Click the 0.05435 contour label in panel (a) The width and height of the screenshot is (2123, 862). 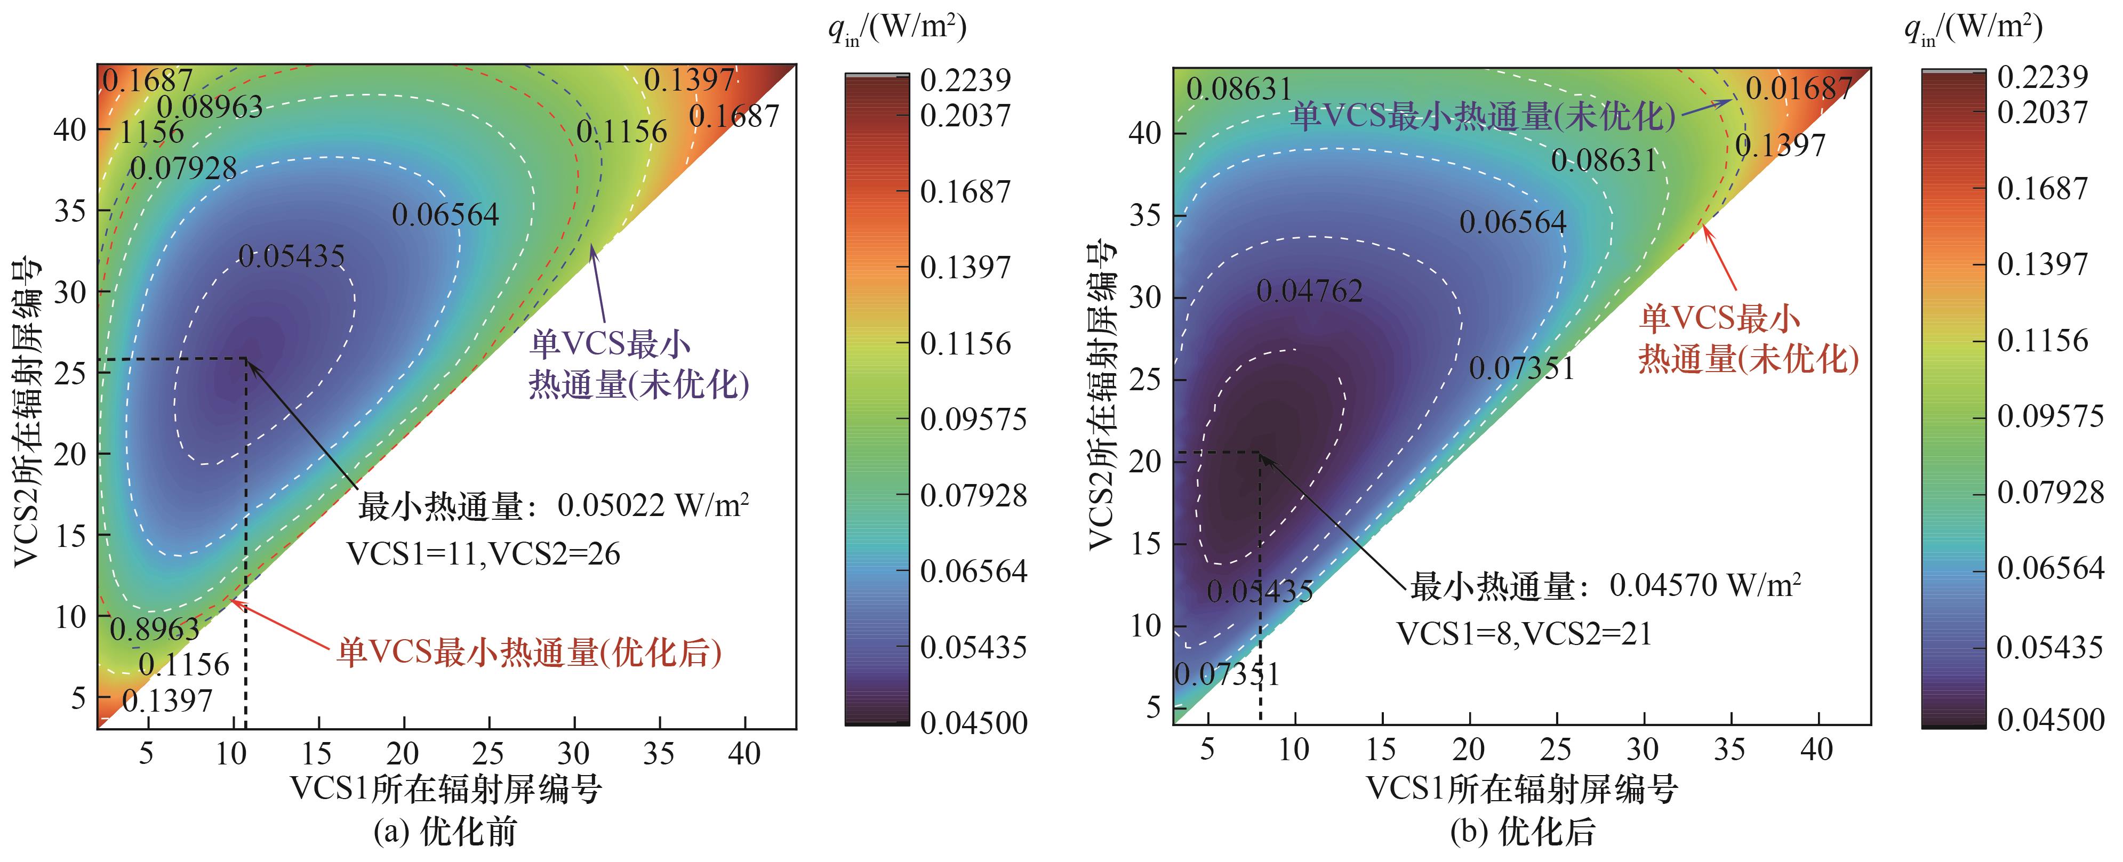(292, 256)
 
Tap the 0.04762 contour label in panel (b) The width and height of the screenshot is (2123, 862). (1310, 291)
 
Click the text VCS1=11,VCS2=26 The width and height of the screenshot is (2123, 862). (483, 554)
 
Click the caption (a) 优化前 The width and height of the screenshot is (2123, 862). (445, 832)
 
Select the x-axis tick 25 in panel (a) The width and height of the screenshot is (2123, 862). (488, 753)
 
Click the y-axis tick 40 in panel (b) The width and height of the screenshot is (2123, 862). (1145, 133)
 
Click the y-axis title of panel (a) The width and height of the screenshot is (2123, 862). (28, 412)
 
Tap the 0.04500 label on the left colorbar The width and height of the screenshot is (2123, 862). (973, 723)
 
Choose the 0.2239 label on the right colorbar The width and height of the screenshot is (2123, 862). (2042, 77)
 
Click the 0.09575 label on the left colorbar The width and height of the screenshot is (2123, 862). (973, 420)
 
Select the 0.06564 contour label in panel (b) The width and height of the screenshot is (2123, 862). (1512, 222)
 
